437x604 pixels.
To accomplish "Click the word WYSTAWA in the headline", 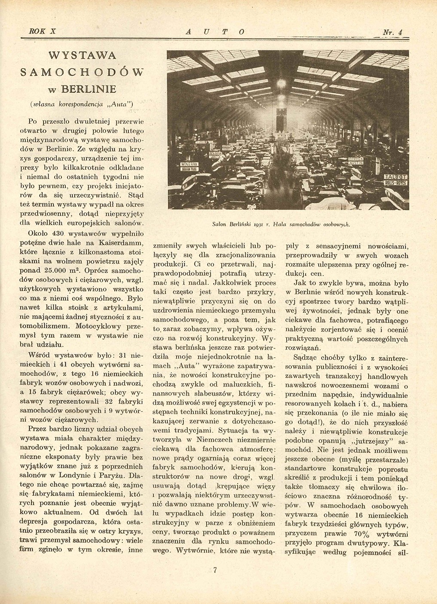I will point(83,56).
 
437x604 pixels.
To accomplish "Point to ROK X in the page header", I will point(38,31).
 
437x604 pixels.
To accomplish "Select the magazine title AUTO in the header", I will point(215,31).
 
